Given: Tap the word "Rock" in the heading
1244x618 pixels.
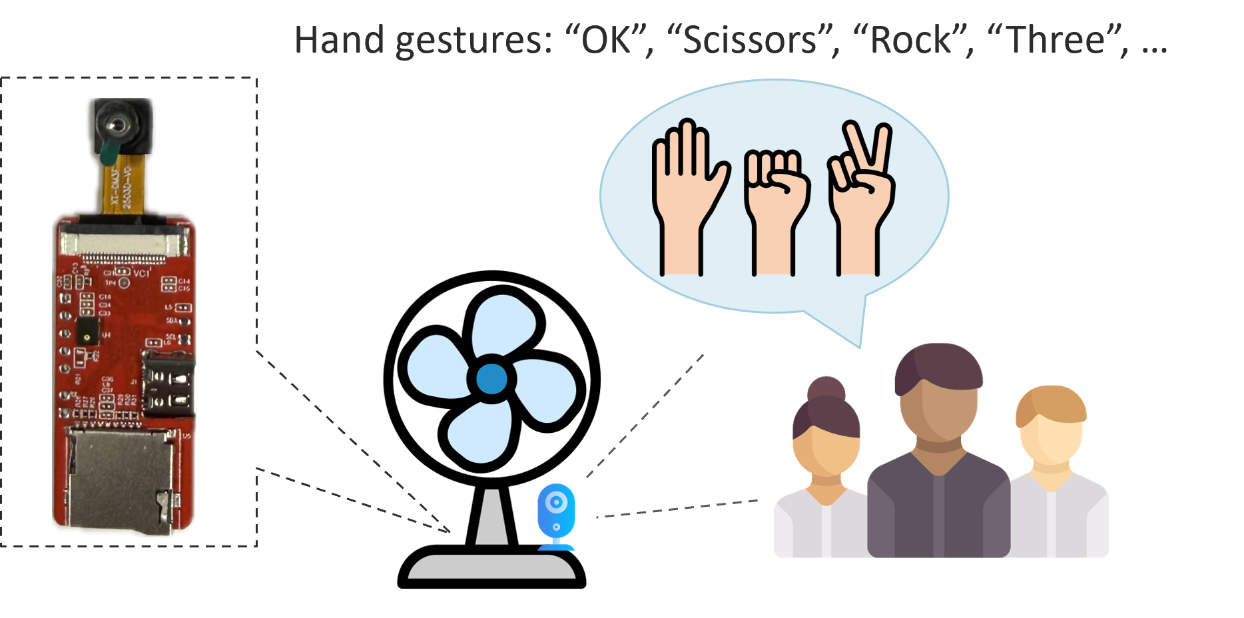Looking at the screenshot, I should coord(912,40).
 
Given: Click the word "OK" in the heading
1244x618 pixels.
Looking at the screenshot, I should coord(606,40).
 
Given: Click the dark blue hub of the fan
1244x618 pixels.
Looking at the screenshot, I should coord(491,379).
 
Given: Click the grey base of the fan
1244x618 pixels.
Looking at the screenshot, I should coord(491,567).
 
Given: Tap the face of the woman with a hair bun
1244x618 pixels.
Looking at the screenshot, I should coord(826,453).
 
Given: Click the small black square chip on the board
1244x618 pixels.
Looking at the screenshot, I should coord(87,329).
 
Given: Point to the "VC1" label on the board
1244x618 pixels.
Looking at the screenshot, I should coord(141,273).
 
